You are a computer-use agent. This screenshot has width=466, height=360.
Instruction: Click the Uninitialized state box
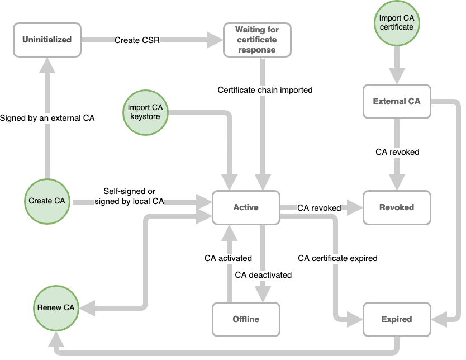tap(46, 39)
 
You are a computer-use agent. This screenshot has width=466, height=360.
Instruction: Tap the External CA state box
tap(397, 101)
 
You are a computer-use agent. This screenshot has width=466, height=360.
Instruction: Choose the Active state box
tap(246, 207)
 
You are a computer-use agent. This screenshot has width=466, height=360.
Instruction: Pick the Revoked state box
tap(397, 207)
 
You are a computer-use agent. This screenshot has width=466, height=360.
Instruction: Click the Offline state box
tap(246, 319)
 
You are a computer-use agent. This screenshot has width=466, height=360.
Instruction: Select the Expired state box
tap(397, 319)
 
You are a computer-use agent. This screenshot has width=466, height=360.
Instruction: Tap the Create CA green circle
tap(47, 201)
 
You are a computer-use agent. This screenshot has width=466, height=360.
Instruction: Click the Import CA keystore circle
tap(145, 112)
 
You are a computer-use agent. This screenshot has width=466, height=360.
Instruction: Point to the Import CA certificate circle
tap(396, 22)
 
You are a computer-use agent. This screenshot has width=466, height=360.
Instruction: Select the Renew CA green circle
tap(55, 307)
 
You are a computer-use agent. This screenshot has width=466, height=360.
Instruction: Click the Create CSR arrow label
tap(137, 40)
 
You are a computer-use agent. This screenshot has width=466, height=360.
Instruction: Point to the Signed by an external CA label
tap(47, 118)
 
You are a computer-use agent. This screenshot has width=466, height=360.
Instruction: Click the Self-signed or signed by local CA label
tap(130, 196)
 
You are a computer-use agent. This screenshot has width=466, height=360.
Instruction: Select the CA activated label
tap(228, 258)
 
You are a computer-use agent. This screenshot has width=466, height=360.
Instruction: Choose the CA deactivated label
tap(263, 275)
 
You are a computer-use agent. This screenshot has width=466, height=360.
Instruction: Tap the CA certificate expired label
tap(337, 258)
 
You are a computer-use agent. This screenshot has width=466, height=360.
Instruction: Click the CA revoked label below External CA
tap(397, 151)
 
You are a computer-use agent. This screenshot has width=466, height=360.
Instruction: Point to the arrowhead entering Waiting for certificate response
tap(215, 40)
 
